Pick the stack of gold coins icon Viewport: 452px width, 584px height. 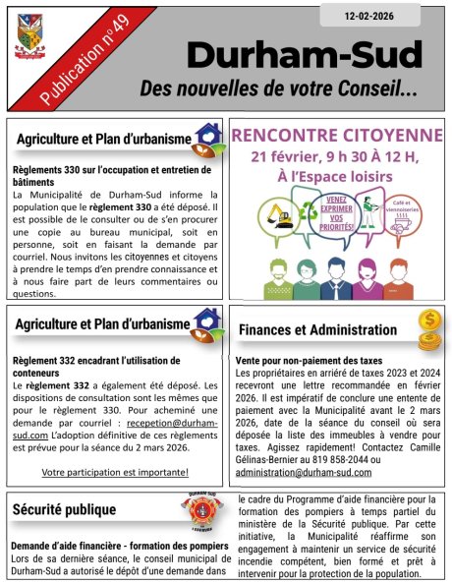point(428,331)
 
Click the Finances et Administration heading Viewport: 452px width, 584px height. point(317,330)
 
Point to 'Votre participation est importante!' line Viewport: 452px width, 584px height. point(115,472)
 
